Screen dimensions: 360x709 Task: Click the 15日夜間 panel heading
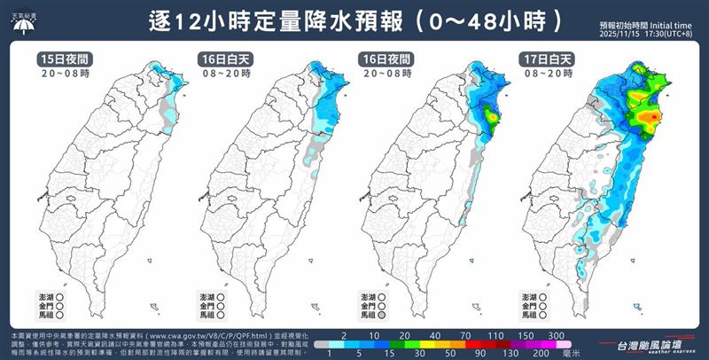(64, 59)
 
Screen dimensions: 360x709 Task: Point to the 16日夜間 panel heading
(382, 59)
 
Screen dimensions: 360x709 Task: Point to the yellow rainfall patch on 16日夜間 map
(489, 113)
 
